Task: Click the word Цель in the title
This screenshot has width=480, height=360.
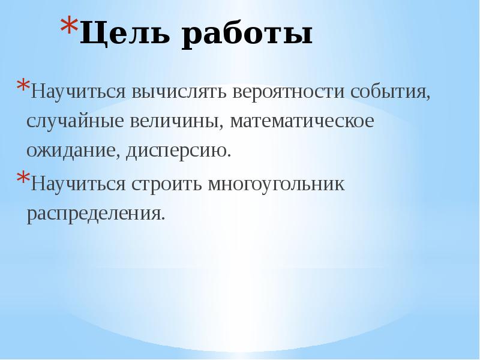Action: (x=123, y=35)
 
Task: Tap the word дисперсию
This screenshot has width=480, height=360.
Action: (x=178, y=151)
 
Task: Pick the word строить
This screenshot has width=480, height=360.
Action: (x=166, y=184)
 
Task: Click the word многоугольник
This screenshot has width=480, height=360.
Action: (x=277, y=184)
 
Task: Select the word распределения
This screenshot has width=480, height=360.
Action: (x=94, y=214)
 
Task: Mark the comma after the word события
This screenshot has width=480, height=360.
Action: (x=428, y=98)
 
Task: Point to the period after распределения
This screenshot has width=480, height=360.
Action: (x=163, y=218)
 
